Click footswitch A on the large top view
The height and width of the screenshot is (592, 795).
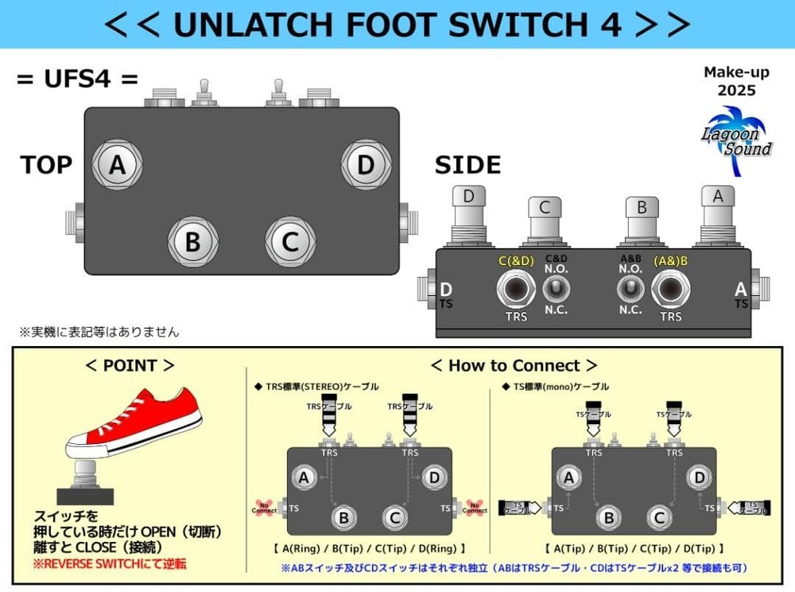117,166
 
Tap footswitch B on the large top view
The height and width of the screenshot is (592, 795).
192,240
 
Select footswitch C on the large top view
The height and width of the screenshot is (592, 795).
290,240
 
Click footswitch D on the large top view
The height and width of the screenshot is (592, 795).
366,166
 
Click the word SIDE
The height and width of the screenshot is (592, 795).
467,166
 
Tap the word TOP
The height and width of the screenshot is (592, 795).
46,165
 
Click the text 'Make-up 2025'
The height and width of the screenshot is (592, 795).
736,81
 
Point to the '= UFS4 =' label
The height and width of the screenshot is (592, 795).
77,80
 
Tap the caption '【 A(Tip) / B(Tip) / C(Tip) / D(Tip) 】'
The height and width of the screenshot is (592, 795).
634,548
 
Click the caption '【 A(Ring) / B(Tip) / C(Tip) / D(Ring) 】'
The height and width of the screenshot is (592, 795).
368,548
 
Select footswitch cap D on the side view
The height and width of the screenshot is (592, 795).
469,207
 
